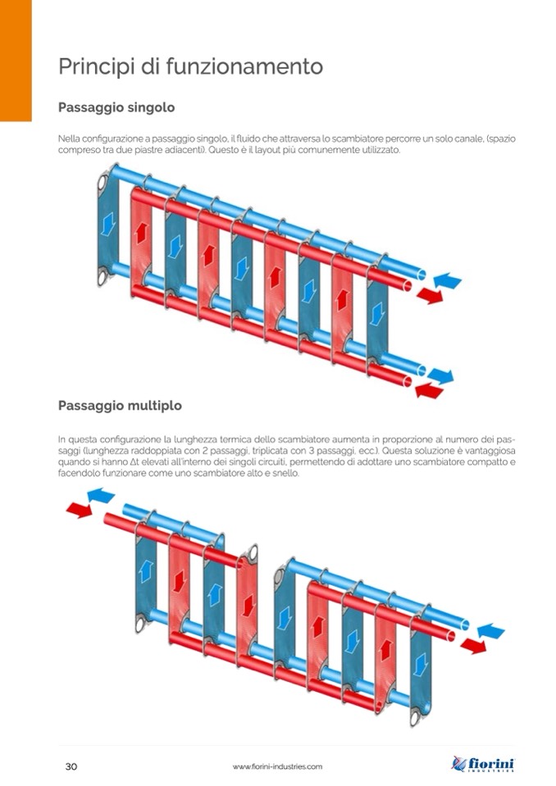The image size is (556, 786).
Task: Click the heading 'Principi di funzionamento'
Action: (x=190, y=66)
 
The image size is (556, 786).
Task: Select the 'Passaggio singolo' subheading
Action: (x=116, y=107)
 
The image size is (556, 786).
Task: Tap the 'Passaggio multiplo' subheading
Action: (x=120, y=405)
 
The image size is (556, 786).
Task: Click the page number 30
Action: (x=71, y=766)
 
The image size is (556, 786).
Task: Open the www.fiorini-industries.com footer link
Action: (x=277, y=766)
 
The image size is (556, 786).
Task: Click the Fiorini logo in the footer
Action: (x=483, y=764)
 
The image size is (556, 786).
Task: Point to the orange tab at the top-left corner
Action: (x=16, y=60)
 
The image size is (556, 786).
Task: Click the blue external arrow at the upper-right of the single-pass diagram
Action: (x=447, y=280)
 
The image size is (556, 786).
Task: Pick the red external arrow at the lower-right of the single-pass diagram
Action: (x=429, y=389)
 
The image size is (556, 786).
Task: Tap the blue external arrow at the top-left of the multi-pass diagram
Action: (x=101, y=495)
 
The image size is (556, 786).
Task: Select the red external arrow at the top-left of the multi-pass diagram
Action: (x=80, y=511)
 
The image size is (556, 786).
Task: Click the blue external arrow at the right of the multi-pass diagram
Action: (x=491, y=630)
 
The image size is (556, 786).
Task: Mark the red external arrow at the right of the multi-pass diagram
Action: (x=473, y=646)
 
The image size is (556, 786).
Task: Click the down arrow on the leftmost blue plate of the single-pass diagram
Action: (x=107, y=224)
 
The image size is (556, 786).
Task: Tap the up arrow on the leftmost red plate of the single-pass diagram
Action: (x=141, y=232)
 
